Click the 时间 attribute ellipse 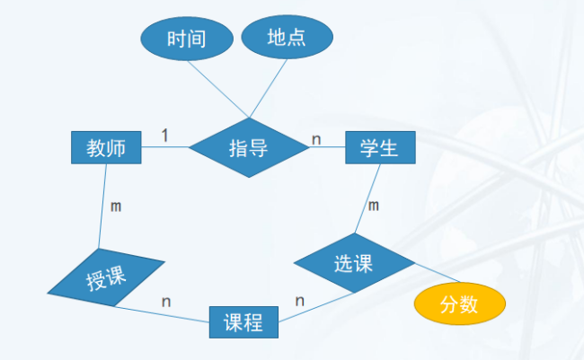click(x=187, y=39)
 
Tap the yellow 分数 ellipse click(x=459, y=305)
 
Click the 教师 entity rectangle click(x=106, y=148)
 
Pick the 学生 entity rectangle click(x=380, y=148)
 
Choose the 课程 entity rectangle click(x=243, y=322)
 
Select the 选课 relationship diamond click(x=354, y=264)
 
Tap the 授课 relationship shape click(x=106, y=279)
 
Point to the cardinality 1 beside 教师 click(x=165, y=135)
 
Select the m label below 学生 click(x=374, y=206)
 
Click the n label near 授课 click(x=166, y=301)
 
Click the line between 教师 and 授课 click(x=102, y=206)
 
